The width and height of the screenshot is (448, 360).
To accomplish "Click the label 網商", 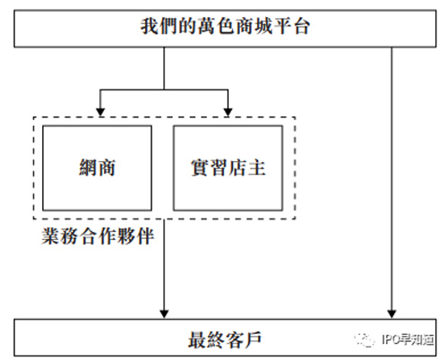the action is point(97,167).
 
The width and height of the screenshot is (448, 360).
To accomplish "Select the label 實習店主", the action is point(228,167).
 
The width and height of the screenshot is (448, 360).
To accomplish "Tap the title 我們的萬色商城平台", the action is point(225,26).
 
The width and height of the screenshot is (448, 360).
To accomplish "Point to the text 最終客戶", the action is point(225,339).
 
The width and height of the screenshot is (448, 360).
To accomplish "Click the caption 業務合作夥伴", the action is point(98,236).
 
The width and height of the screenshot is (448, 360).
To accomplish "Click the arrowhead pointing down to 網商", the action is point(100,112).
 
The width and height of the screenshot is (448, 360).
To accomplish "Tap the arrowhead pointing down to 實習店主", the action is point(228,112).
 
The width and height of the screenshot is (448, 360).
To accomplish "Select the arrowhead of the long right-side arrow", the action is point(392,314).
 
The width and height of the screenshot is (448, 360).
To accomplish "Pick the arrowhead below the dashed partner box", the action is point(164,314).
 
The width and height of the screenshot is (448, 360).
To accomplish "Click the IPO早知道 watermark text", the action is point(408,339).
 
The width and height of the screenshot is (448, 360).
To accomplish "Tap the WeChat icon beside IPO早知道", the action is point(365,339).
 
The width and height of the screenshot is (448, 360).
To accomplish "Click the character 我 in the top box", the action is point(150,26).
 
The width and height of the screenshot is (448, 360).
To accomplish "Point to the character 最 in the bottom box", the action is point(197,339).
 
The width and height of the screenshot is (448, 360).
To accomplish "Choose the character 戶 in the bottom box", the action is point(253,339).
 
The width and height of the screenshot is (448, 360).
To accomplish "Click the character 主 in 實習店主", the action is point(256,167).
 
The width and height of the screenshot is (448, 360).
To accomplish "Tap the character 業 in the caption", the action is point(50,236).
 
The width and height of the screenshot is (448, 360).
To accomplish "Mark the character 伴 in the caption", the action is point(145,236).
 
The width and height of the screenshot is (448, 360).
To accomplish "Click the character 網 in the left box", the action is point(88,167).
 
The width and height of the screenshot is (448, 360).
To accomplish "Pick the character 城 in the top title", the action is point(263,26).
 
